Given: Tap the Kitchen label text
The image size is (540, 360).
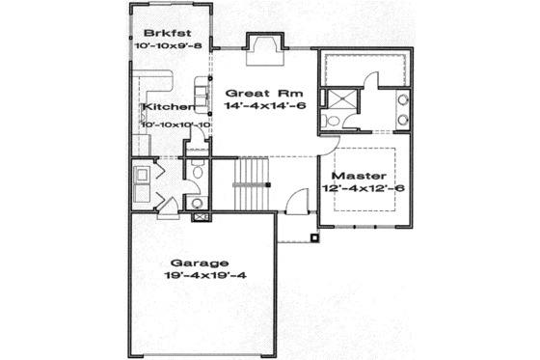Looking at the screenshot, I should (x=164, y=107).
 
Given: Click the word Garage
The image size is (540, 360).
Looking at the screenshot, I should (x=200, y=263).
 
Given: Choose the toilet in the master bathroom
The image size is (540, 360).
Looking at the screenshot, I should (x=331, y=120).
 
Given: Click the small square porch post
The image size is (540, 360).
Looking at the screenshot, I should (x=315, y=235).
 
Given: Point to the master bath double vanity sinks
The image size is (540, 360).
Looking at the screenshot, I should (x=403, y=109).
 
